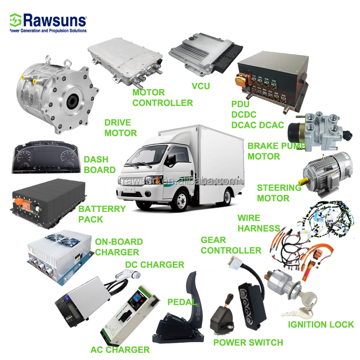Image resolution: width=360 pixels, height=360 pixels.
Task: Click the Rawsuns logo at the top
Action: tap(48, 22)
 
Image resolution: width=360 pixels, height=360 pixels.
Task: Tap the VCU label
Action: tap(200, 85)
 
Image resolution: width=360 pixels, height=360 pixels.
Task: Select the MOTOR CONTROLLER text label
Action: tap(162, 97)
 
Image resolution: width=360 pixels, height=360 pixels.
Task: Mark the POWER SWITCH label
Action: tap(248, 342)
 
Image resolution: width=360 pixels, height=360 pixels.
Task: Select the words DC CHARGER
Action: tap(154, 265)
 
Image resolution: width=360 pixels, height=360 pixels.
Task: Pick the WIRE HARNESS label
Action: tap(258, 223)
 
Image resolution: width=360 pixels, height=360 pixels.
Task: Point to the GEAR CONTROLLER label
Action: tap(231, 245)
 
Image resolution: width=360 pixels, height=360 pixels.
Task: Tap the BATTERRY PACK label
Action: tap(102, 214)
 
